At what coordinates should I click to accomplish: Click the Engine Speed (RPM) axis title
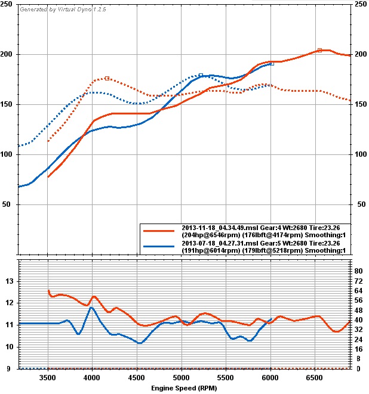pyautogui.click(x=184, y=388)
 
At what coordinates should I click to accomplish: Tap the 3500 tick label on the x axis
pyautogui.click(x=47, y=378)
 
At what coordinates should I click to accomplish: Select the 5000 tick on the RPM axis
pyautogui.click(x=181, y=378)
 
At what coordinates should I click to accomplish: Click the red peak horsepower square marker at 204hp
pyautogui.click(x=319, y=51)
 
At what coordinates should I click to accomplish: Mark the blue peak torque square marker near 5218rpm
pyautogui.click(x=201, y=76)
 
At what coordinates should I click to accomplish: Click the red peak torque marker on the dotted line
pyautogui.click(x=107, y=78)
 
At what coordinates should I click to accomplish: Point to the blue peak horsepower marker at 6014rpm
pyautogui.click(x=272, y=63)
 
